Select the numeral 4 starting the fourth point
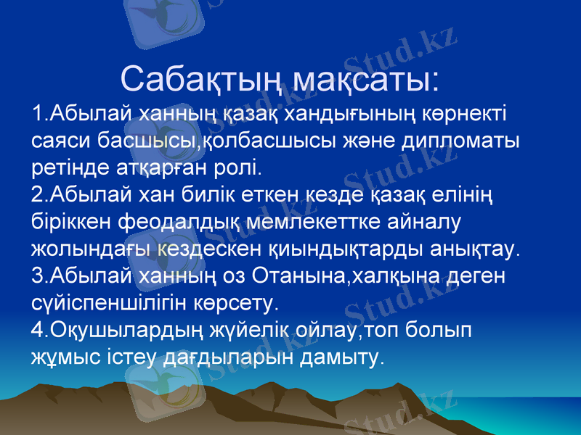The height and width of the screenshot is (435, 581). point(38,330)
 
